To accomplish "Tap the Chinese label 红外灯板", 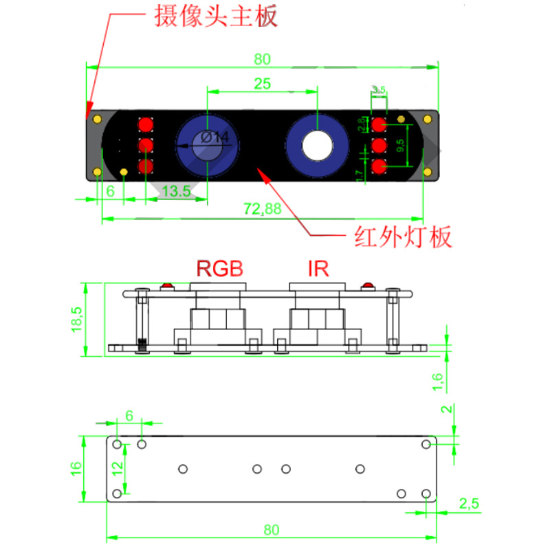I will point(403,237).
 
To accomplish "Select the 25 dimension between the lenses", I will point(262,84).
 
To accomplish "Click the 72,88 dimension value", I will point(262,210).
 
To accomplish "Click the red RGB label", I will point(220,267).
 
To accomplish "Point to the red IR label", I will point(318,267).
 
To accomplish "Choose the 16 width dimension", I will point(76,467).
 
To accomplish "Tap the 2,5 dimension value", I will point(469,503).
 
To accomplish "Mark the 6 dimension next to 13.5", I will point(109,192).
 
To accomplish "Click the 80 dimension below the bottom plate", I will point(272,529).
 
